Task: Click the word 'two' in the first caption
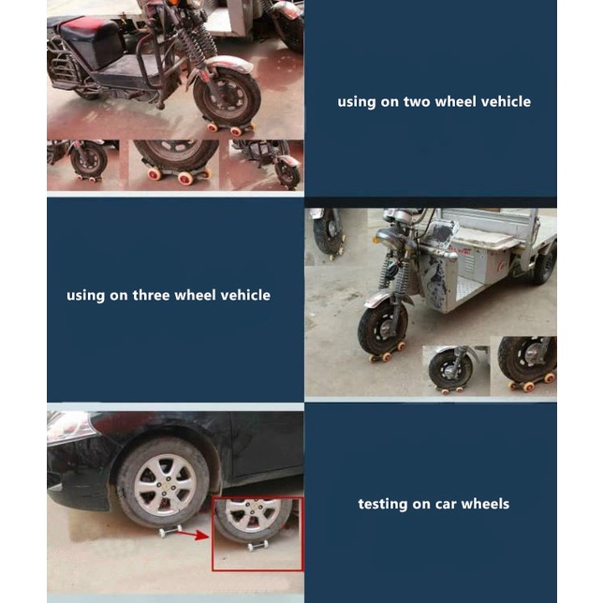tap(417, 102)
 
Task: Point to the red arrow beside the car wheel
tap(193, 535)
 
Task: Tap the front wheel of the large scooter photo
tap(228, 99)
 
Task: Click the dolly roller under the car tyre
tap(170, 531)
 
